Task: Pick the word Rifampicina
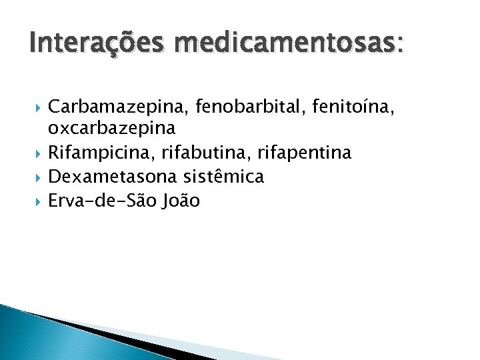pos(101,153)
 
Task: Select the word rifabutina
pos(209,153)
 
